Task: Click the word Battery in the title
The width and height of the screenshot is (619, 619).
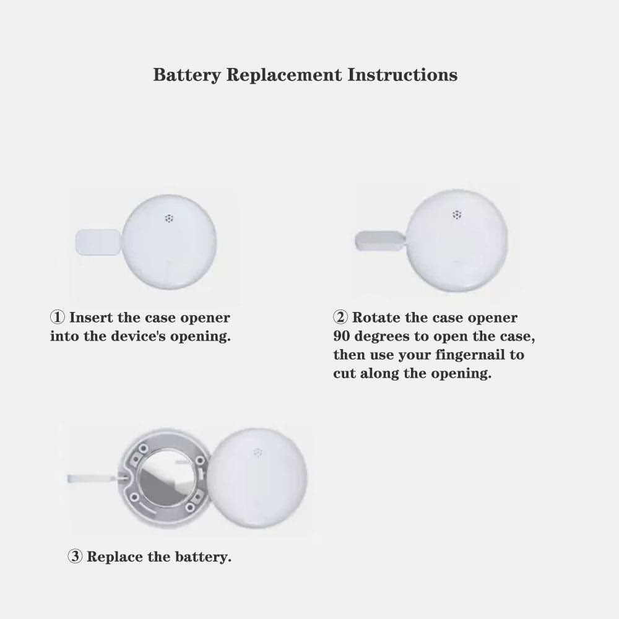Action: click(x=187, y=76)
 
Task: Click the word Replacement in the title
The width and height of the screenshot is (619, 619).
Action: click(x=284, y=76)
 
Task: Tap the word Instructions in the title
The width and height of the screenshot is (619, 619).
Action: click(x=402, y=75)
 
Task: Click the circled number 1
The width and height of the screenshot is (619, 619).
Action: click(x=57, y=317)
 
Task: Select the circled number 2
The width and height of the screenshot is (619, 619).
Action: click(x=340, y=317)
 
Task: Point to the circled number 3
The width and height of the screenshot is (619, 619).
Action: click(x=75, y=556)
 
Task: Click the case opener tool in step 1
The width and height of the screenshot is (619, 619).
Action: click(x=98, y=242)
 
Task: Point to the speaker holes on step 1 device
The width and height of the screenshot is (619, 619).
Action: click(x=169, y=218)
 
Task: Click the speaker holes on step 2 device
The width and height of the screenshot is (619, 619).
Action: click(x=457, y=215)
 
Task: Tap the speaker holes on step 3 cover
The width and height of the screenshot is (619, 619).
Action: click(x=258, y=452)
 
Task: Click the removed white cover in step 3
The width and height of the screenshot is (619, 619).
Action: click(x=257, y=478)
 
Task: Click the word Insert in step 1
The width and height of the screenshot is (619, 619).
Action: click(x=91, y=318)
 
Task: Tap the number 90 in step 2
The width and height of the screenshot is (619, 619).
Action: click(x=342, y=336)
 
